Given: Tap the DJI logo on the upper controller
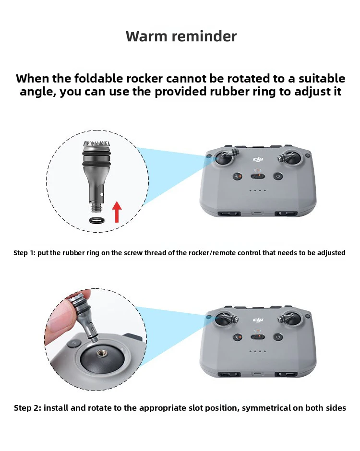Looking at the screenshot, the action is [x=258, y=159].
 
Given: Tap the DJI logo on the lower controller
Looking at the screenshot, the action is [x=258, y=320].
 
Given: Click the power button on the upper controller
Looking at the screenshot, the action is [x=278, y=176].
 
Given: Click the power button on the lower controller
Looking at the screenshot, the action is [x=278, y=337].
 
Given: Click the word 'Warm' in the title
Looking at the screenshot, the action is [x=146, y=36].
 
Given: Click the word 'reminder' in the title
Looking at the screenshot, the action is [x=204, y=36].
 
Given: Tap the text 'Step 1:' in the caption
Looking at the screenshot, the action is [x=24, y=253].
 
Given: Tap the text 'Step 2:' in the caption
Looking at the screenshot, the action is [x=27, y=408].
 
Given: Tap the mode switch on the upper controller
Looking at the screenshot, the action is [x=258, y=176].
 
